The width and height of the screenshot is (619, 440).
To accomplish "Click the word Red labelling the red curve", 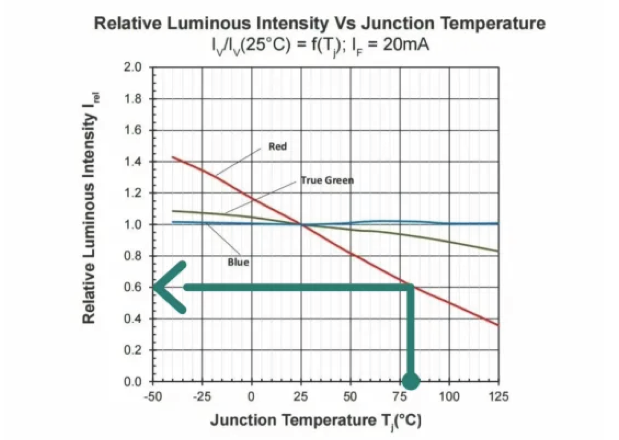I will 278,147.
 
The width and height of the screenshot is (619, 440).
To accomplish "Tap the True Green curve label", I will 327,180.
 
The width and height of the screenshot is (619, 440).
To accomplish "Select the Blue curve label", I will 238,262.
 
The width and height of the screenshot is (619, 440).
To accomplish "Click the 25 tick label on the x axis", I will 301,396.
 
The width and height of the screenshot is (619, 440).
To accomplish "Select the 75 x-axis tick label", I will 400,396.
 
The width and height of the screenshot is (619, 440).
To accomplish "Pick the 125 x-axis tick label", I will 498,396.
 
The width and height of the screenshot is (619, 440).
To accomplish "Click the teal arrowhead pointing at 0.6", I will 165,287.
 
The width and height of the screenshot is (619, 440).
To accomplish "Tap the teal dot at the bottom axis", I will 411,381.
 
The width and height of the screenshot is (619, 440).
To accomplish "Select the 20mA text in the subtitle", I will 406,45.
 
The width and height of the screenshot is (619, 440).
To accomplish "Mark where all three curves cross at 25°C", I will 301,225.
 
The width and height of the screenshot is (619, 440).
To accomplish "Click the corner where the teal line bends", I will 411,287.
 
